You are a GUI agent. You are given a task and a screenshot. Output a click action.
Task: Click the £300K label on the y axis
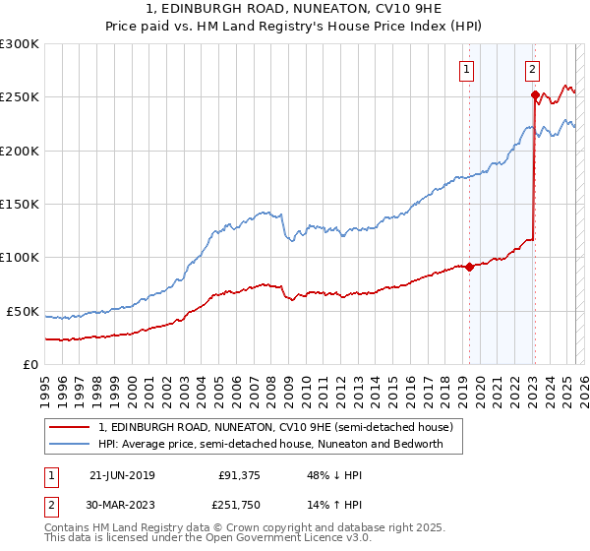click(x=20, y=44)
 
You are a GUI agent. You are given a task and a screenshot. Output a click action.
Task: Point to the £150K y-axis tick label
click(x=20, y=204)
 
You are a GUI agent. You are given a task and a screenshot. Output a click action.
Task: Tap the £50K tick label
click(x=24, y=311)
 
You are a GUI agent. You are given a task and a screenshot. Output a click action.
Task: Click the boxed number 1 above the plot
click(x=465, y=69)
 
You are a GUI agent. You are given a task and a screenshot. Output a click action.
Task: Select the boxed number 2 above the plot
click(x=531, y=69)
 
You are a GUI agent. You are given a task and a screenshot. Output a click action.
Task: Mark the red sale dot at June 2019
click(x=469, y=266)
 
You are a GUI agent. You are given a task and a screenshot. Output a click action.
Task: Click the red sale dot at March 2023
click(x=535, y=95)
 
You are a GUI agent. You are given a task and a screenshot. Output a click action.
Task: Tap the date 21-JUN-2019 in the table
click(x=122, y=474)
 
